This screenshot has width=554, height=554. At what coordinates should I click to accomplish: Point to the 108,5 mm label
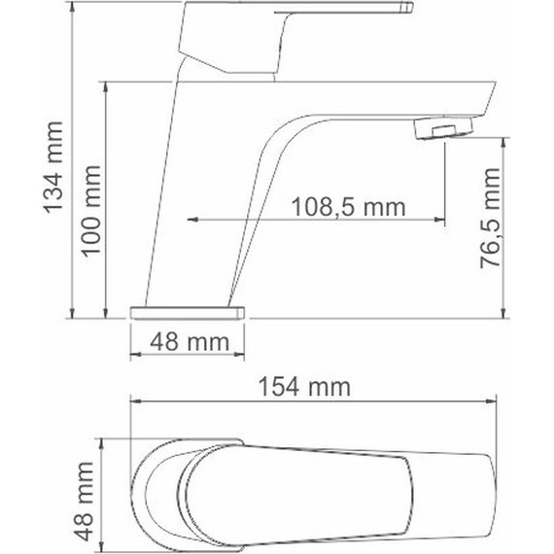[x=347, y=205]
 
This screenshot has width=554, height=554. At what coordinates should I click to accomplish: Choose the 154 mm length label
[x=315, y=387]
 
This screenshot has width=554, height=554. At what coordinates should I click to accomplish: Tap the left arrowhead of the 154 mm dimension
[x=136, y=400]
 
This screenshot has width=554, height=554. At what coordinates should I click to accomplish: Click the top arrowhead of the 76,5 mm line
[x=502, y=142]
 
